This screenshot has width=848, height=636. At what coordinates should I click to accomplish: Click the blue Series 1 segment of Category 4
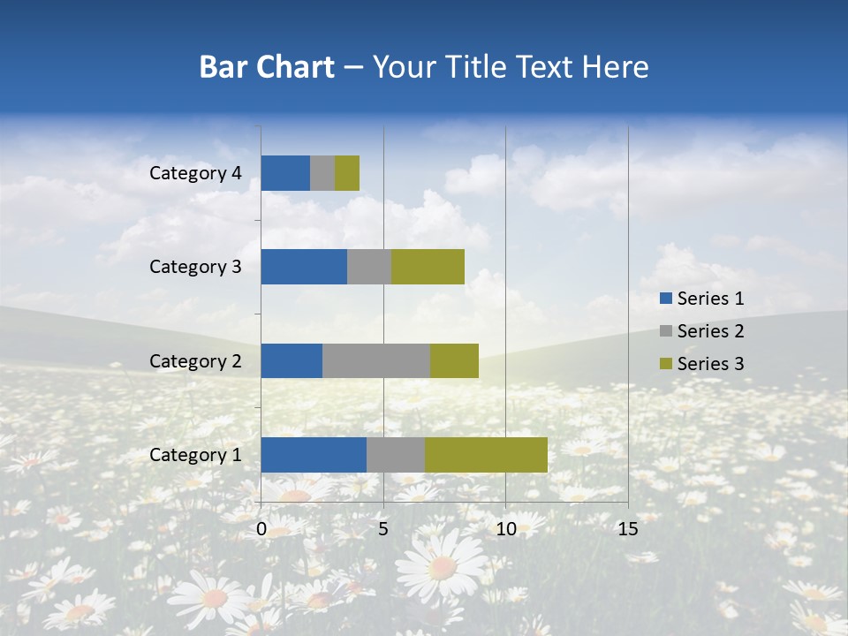tap(285, 173)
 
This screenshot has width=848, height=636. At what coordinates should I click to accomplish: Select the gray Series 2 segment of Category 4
tap(322, 173)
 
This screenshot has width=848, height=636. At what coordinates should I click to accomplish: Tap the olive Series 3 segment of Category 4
tap(347, 173)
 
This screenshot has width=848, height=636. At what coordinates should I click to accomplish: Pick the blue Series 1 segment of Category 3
tap(304, 267)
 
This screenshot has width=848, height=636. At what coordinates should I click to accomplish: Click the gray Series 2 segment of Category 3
tap(369, 267)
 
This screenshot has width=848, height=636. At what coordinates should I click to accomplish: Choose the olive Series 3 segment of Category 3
tap(428, 267)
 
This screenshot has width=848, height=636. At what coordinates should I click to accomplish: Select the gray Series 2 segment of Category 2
tap(376, 360)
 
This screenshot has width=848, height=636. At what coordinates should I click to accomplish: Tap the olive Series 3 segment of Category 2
tap(454, 360)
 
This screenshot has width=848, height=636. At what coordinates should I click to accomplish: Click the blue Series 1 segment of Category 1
tap(314, 455)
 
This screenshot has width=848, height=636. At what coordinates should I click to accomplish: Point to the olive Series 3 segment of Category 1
tap(486, 455)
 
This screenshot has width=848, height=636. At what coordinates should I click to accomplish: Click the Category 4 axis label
tap(195, 173)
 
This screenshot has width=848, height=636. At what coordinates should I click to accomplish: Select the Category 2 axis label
tap(195, 361)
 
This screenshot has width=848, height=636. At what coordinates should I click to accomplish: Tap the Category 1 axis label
tap(195, 455)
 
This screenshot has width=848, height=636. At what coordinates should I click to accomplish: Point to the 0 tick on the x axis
tap(261, 529)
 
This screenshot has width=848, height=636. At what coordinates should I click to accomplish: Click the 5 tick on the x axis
tap(383, 529)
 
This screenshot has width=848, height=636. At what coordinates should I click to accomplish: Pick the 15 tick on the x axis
tap(627, 529)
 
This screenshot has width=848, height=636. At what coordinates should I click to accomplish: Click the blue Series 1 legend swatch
tap(664, 299)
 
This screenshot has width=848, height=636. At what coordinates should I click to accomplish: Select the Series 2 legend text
tap(710, 331)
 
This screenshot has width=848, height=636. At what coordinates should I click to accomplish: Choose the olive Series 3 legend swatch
tap(664, 364)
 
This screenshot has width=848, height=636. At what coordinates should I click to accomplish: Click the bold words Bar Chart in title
tap(267, 67)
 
